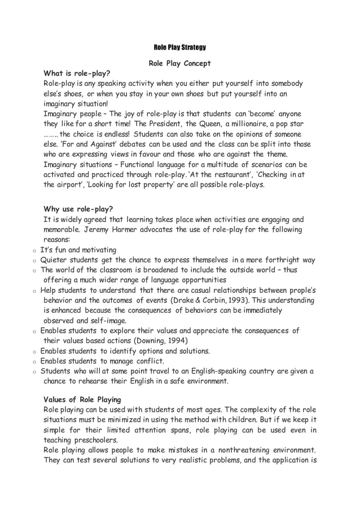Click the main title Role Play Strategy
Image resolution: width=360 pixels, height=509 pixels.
pos(179,47)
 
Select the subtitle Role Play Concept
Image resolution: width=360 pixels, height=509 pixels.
pos(179,63)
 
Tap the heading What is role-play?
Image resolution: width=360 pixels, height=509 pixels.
pos(77,73)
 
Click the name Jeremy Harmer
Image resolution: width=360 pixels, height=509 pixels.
pos(109,230)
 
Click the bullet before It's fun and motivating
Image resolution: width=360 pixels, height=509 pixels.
pos(34,251)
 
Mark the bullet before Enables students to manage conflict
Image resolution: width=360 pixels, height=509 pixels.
pos(34,362)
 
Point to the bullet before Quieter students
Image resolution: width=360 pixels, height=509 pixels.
pos(34,261)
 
